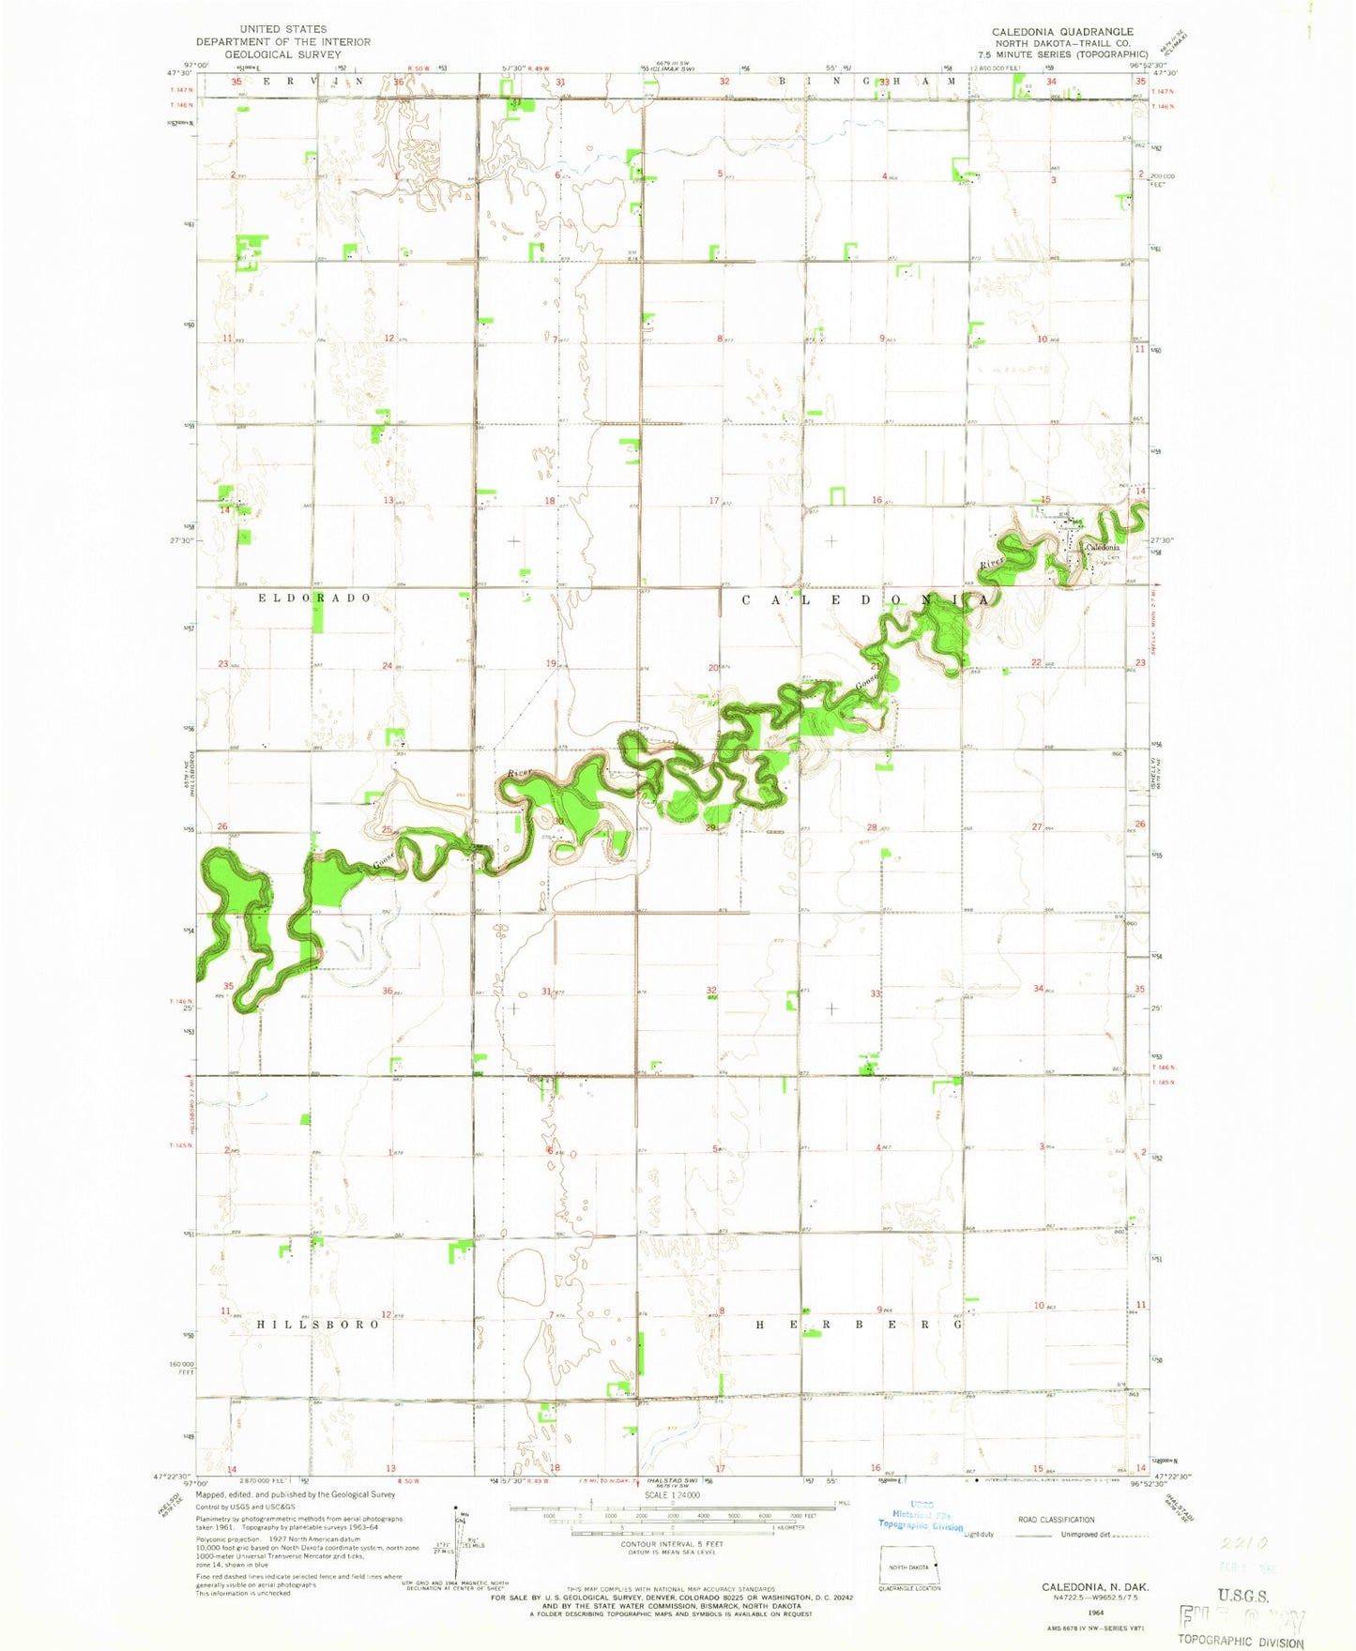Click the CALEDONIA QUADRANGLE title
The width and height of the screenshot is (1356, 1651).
[x=1062, y=32]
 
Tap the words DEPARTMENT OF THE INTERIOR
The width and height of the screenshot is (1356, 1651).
[x=282, y=42]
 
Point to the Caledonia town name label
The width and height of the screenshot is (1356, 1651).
[x=1102, y=548]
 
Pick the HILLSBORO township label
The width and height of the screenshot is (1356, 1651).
[x=318, y=1324]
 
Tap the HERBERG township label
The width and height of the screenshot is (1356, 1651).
[x=859, y=1324]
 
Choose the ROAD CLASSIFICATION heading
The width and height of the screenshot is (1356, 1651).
[x=1056, y=1520]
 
